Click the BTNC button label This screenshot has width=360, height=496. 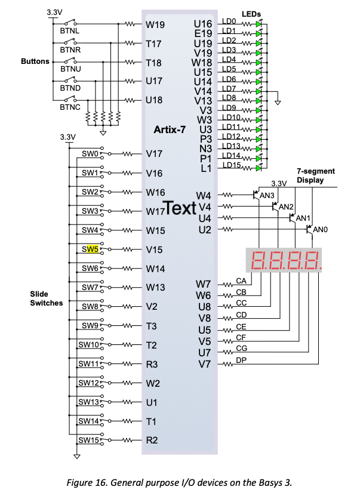70,107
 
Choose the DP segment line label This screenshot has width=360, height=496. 241,360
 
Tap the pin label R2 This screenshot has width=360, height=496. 152,440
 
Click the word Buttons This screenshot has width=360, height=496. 35,61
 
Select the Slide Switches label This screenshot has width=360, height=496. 47,298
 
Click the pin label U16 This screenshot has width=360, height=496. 204,24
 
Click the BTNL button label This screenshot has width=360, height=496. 70,29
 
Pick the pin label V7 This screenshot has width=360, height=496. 205,364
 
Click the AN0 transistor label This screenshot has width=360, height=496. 321,230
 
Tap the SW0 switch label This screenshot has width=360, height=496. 90,154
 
